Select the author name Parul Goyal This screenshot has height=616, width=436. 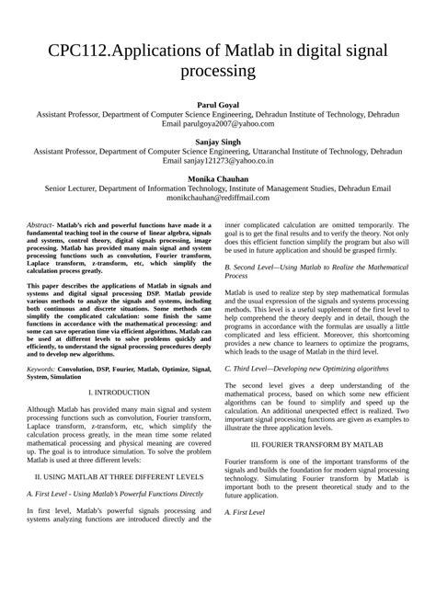tap(217, 107)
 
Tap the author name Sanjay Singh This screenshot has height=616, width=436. tap(217, 143)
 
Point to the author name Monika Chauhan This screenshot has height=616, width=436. tap(217, 177)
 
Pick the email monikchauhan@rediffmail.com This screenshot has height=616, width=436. tap(218, 197)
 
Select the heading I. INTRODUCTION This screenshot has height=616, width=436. tap(119, 393)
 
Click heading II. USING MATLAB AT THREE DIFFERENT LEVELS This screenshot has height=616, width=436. tap(119, 477)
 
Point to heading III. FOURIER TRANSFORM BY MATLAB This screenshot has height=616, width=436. tap(317, 444)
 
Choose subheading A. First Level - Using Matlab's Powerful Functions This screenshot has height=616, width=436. tap(115, 493)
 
